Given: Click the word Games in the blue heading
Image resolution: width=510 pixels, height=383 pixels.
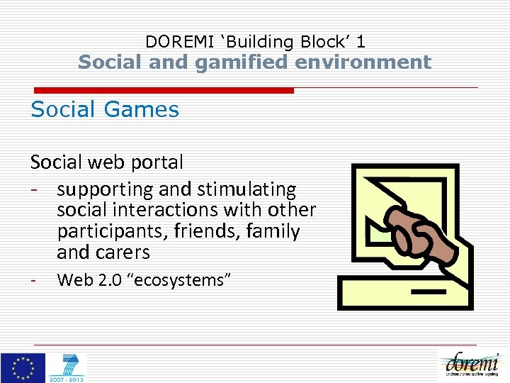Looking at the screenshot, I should (149, 110).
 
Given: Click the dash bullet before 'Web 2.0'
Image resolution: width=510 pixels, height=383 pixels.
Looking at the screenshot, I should (33, 279).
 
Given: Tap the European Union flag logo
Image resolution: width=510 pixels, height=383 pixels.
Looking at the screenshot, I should (23, 367).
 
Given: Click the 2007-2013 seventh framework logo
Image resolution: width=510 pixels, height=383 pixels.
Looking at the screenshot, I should (67, 367).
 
